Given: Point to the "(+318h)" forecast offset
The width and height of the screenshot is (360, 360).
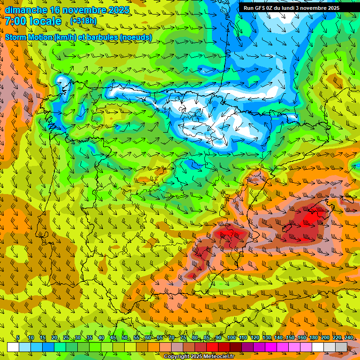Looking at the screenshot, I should point(84,21).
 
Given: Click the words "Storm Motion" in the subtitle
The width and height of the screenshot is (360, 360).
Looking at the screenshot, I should point(29,37).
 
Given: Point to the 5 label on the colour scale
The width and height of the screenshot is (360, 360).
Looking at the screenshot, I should point(18,338).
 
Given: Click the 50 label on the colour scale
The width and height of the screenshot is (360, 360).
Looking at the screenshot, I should point(124,338).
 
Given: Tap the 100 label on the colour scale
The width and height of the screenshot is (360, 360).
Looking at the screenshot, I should point(231,338).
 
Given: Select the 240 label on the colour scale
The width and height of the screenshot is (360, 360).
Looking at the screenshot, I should point(349,338).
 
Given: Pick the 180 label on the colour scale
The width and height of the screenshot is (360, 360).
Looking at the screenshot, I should point(313,338).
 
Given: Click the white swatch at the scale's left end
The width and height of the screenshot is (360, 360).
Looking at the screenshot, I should point(13,347).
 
